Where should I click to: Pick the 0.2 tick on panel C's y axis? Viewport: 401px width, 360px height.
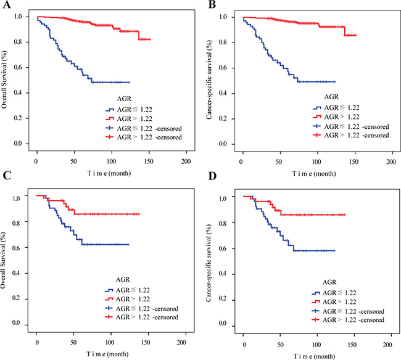(x=25, y=298)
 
